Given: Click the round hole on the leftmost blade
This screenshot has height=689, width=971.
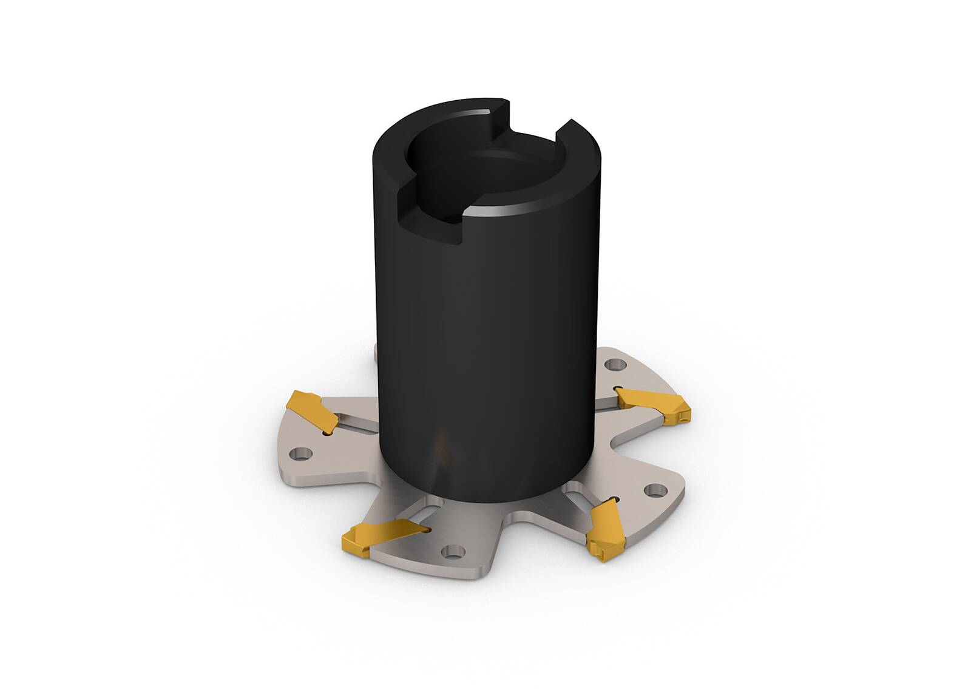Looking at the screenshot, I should click(299, 453).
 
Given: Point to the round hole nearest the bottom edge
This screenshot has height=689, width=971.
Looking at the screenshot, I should click(450, 552).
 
